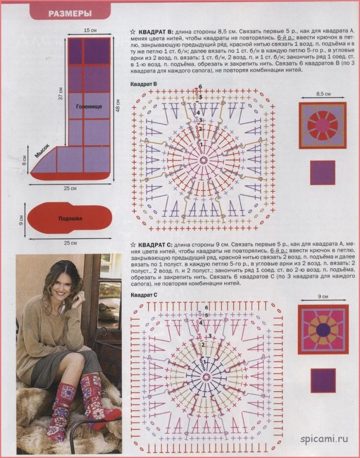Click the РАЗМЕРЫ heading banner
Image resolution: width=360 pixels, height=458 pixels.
coord(70,13)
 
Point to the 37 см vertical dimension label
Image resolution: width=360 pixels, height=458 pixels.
coord(61,93)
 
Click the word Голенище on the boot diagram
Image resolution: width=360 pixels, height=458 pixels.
coord(89,107)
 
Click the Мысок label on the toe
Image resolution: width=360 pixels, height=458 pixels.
coord(42,151)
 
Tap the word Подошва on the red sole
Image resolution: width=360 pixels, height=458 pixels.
coord(70,219)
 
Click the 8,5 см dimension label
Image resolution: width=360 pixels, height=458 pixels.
coord(323,94)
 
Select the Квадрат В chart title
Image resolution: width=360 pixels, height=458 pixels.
coord(144,84)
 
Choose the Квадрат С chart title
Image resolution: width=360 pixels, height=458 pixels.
coord(144,295)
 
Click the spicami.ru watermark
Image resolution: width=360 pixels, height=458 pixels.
coord(324,439)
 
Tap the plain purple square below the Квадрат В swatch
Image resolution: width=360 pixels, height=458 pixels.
coord(323,172)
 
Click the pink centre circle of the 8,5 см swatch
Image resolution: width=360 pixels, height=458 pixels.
coord(323,125)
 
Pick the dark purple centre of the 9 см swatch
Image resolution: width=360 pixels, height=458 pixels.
coord(323,330)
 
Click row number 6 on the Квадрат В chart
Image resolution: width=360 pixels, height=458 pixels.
coord(200,87)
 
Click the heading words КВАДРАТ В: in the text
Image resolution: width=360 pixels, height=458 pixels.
coord(156,31)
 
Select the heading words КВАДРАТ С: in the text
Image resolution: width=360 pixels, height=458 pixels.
coord(156,244)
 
